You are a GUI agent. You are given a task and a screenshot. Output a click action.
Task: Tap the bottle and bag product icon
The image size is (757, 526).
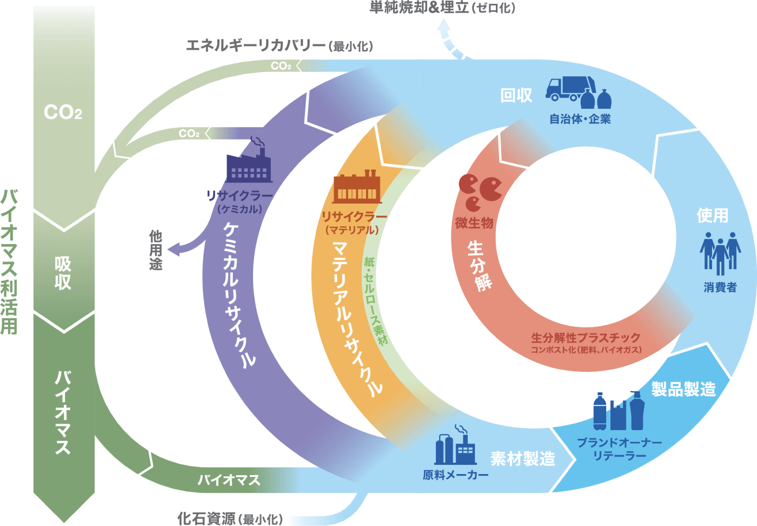[x=619, y=411]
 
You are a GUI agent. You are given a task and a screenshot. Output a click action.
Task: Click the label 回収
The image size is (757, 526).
[x=516, y=96]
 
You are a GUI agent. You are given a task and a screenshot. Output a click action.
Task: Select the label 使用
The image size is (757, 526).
[x=712, y=215]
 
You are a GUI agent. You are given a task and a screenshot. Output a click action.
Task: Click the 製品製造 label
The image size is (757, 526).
[x=683, y=389]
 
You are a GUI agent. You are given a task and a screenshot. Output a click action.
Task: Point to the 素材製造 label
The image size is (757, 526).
[x=522, y=459]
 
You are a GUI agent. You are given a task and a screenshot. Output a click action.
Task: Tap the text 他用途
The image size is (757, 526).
[x=156, y=250]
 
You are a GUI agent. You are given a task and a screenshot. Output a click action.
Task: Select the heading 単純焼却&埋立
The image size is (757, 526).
[x=419, y=8]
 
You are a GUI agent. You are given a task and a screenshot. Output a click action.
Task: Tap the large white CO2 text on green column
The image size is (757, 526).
[x=63, y=113]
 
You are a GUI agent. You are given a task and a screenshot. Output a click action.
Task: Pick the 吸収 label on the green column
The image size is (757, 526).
[x=63, y=273]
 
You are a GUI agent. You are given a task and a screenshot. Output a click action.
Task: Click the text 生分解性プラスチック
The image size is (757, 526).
[x=586, y=338]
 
